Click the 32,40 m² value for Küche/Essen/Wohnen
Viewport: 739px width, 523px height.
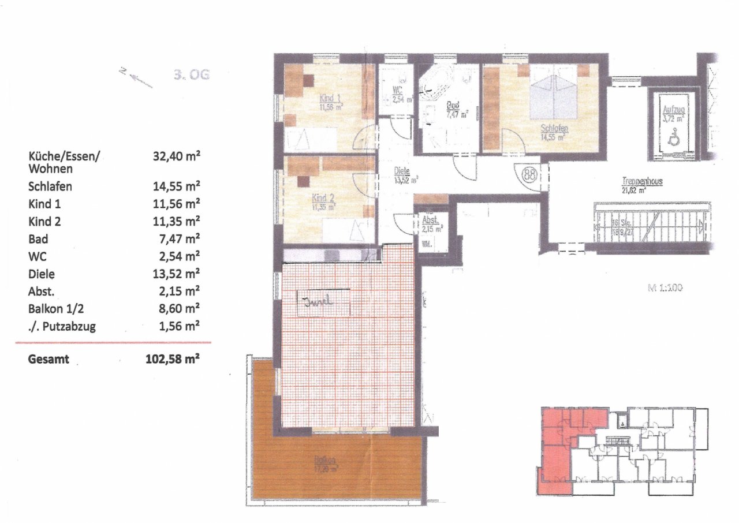coord(176,156)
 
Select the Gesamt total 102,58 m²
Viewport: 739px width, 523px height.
coord(173,359)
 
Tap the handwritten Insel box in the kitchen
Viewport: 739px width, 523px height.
coord(323,301)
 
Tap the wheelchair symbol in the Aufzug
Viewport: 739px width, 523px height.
coord(673,139)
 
